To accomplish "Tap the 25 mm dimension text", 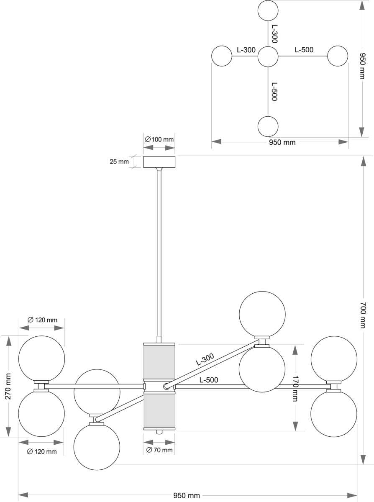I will [119, 161].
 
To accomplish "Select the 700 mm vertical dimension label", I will [363, 315].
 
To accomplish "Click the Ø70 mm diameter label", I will [159, 450].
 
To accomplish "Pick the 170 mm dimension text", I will [295, 388].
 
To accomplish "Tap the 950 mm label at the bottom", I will [187, 496].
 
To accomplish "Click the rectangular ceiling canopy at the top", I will [159, 162].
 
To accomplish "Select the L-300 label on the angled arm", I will [205, 359].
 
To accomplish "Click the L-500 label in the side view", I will [209, 380].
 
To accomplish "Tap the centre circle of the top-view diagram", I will [268, 57].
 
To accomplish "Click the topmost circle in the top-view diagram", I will [268, 11].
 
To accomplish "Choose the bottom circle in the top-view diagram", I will [268, 126].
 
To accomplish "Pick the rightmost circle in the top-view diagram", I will [338, 56].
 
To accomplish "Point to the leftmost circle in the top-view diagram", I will [222, 56].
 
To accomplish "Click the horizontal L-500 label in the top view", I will [304, 50].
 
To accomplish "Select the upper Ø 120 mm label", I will [42, 320].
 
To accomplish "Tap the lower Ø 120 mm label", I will [41, 451].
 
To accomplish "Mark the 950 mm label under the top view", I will [282, 142].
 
